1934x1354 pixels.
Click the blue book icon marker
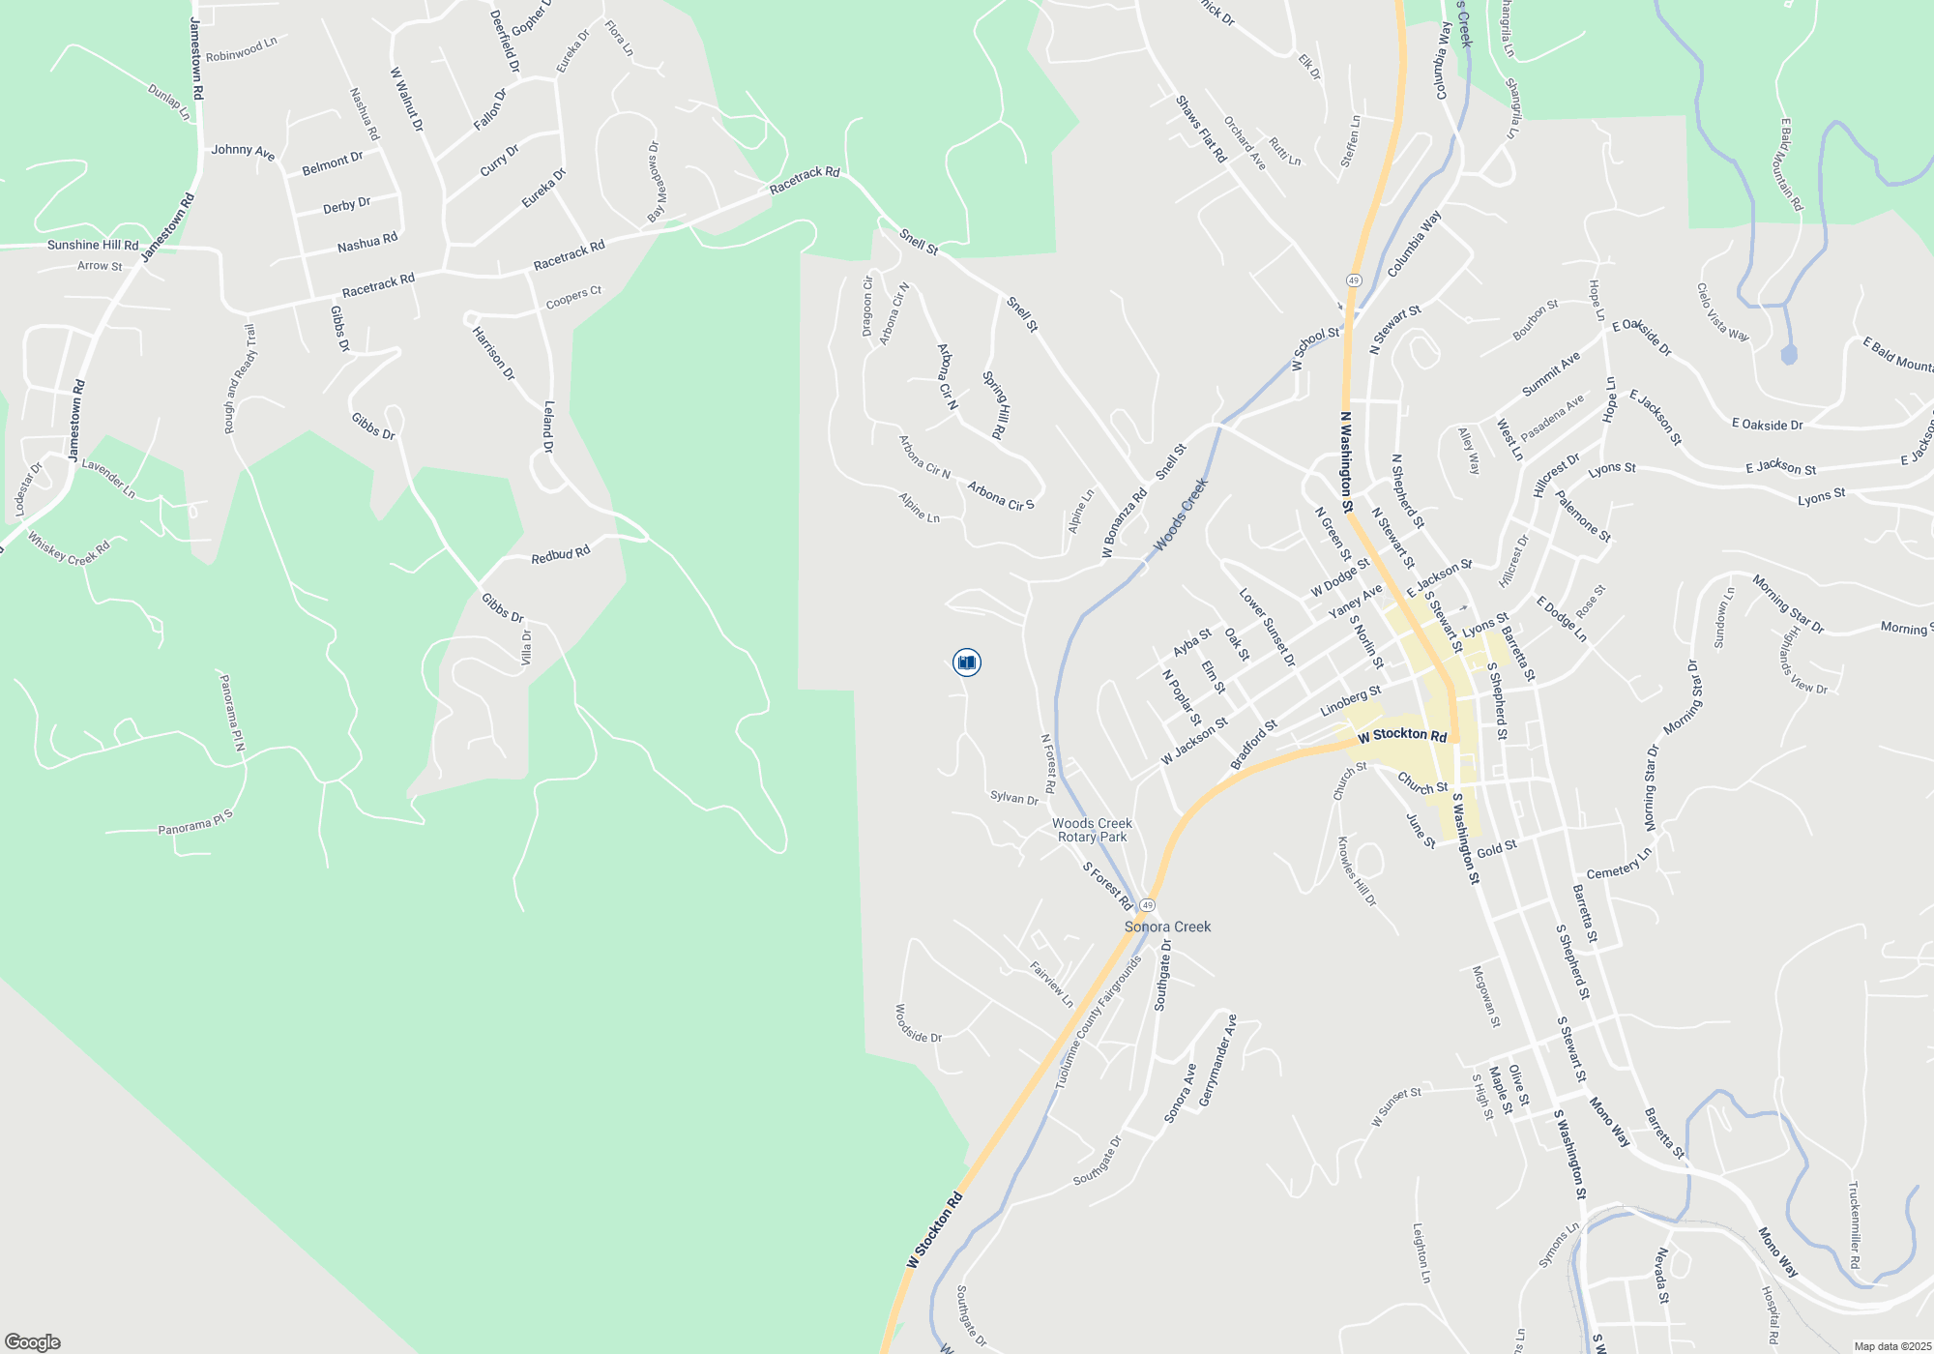click(x=966, y=662)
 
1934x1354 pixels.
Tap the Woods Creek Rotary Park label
click(x=1092, y=831)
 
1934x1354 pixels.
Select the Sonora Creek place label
click(x=1167, y=927)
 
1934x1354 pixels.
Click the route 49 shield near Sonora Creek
click(x=1147, y=905)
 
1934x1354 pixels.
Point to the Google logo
click(x=32, y=1342)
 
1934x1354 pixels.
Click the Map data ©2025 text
click(x=1891, y=1346)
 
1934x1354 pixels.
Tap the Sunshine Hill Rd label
click(x=93, y=245)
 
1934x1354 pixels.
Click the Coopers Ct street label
click(x=573, y=298)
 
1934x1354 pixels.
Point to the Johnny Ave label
click(x=244, y=152)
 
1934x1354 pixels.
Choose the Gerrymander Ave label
click(x=1217, y=1061)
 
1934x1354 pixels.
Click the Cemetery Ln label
click(x=1619, y=865)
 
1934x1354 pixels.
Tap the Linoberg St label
click(x=1350, y=701)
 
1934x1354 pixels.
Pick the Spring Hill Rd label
click(x=996, y=405)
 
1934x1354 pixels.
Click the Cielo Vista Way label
click(x=1722, y=312)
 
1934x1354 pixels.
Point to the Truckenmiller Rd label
click(x=1854, y=1224)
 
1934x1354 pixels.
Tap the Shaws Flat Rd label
click(x=1201, y=129)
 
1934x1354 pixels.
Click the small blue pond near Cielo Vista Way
click(x=1789, y=354)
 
